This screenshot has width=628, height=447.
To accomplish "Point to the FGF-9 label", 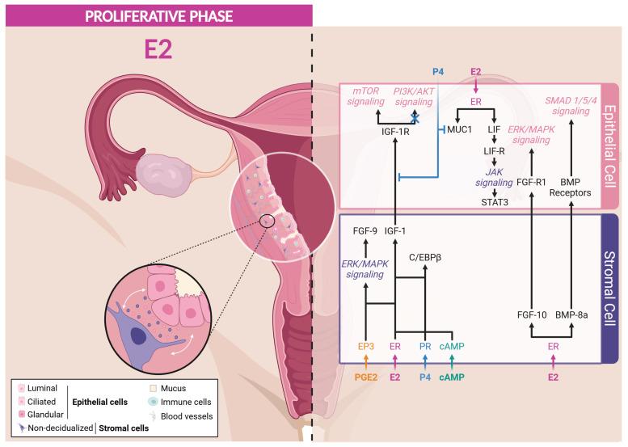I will pyautogui.click(x=366, y=230).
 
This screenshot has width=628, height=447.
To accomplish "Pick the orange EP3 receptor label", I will pyautogui.click(x=366, y=345).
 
